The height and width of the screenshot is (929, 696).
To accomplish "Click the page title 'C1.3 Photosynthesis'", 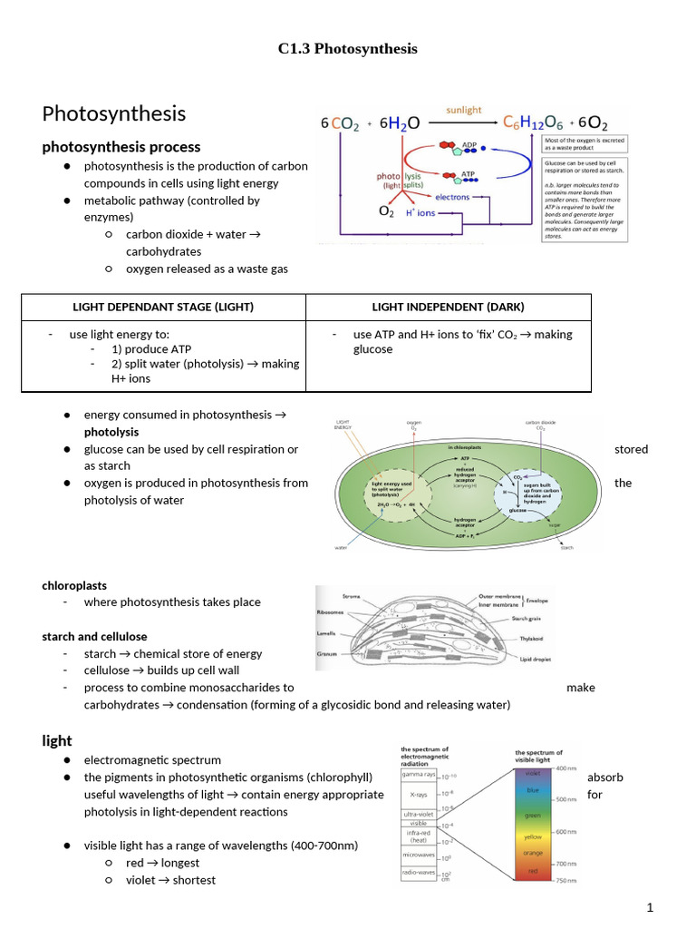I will tap(347, 49).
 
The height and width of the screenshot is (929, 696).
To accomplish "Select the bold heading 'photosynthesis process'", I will tap(121, 147).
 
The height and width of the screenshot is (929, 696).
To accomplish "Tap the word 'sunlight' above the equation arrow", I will tap(463, 110).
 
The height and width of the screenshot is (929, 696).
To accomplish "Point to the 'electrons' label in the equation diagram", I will tap(452, 196).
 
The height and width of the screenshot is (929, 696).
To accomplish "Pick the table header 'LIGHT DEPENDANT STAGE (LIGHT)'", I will tap(163, 307).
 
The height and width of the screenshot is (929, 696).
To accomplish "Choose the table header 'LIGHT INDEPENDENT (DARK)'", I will tap(448, 307).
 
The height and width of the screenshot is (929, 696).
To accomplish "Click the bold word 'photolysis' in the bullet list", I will tap(111, 432).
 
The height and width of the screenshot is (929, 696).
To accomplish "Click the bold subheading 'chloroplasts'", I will tap(74, 585).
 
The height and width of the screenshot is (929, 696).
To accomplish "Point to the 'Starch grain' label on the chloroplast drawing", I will tap(532, 619).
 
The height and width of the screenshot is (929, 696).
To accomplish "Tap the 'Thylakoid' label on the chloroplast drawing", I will tap(530, 639).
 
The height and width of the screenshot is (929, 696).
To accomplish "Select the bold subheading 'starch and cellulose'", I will tap(94, 636).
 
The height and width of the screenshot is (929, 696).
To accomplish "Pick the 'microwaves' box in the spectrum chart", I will tap(420, 855).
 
